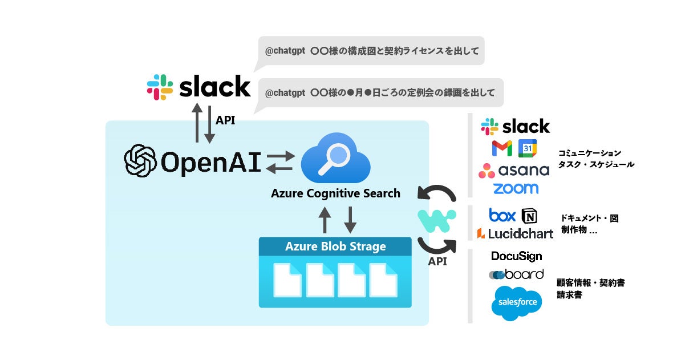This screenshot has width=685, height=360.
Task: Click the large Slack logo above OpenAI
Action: click(x=198, y=87)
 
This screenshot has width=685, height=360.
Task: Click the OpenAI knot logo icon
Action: click(x=140, y=161)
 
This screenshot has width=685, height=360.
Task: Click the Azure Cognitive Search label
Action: click(x=335, y=193)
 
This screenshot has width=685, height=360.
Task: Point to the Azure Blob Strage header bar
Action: click(x=335, y=247)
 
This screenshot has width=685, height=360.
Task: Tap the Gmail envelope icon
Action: click(x=502, y=148)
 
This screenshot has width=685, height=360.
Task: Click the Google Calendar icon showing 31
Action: click(x=528, y=148)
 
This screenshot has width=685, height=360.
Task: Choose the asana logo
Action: click(x=514, y=169)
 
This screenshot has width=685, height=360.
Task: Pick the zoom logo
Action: click(x=516, y=188)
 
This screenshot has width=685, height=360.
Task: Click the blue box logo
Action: click(x=502, y=215)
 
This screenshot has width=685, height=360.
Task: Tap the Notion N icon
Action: click(x=529, y=216)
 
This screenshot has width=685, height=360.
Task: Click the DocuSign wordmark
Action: click(x=516, y=256)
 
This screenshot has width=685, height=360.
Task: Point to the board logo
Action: click(x=516, y=274)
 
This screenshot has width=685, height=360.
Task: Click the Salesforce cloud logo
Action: click(x=516, y=302)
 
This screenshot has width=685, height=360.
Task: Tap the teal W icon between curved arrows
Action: click(x=437, y=220)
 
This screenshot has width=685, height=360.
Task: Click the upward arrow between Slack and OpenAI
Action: click(x=197, y=123)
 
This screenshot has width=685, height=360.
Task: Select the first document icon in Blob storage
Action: click(x=287, y=280)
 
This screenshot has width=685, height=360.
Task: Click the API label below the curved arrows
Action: click(x=437, y=262)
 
